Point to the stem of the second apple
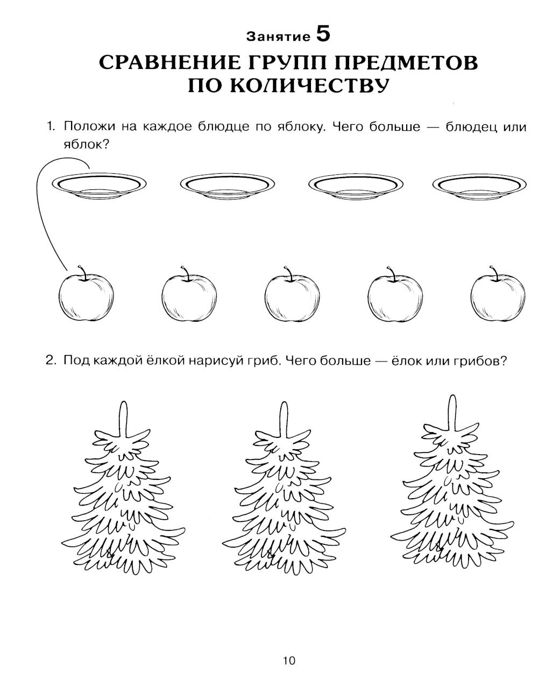tap(185, 272)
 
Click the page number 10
tap(288, 661)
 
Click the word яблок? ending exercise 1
tap(86, 144)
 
